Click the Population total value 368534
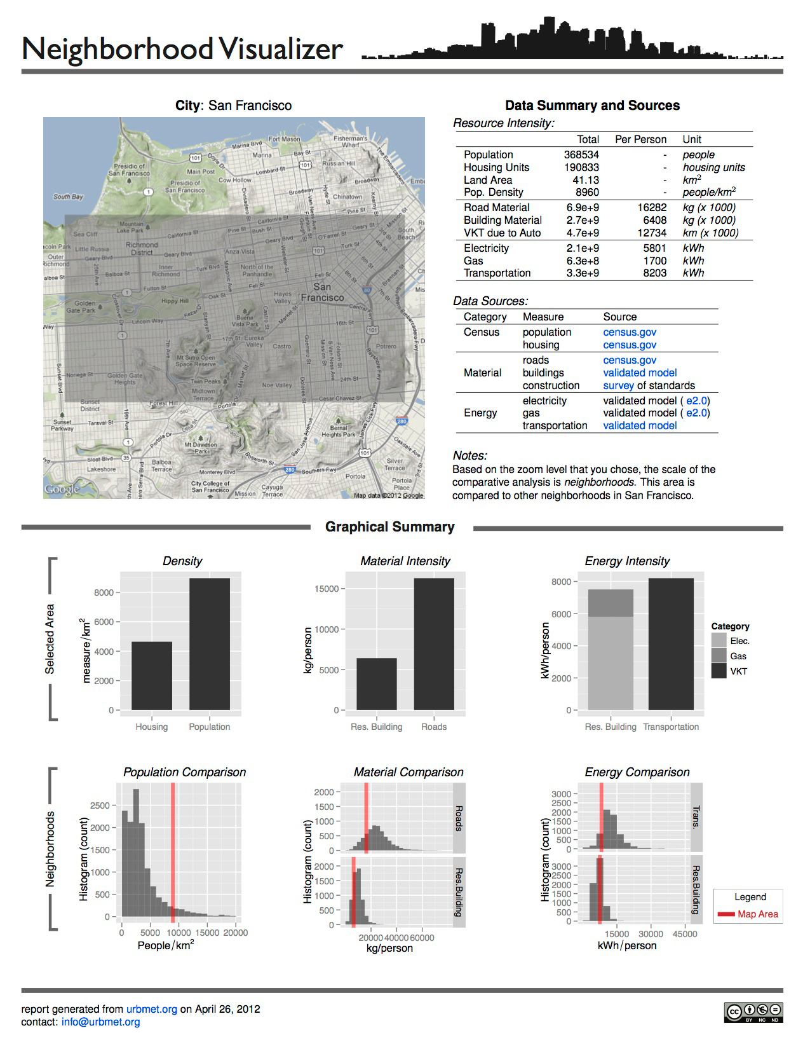click(x=581, y=154)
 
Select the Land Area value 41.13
click(x=585, y=180)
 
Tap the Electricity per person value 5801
click(x=654, y=248)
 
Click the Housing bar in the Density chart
click(x=151, y=676)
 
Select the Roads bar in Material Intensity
click(x=434, y=643)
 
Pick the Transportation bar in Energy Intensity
click(x=671, y=643)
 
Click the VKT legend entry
click(x=738, y=671)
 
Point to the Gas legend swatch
click(x=719, y=656)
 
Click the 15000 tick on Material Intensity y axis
click(x=327, y=589)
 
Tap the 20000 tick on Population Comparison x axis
click(x=235, y=933)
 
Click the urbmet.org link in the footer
click(x=151, y=1009)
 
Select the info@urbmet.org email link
click(x=100, y=1022)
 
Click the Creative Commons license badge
click(x=753, y=1012)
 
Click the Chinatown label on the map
click(x=348, y=196)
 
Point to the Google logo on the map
click(x=62, y=489)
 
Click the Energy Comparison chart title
click(x=637, y=772)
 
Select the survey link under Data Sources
click(x=618, y=385)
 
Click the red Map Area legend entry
click(x=748, y=914)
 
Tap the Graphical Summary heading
click(x=389, y=527)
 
